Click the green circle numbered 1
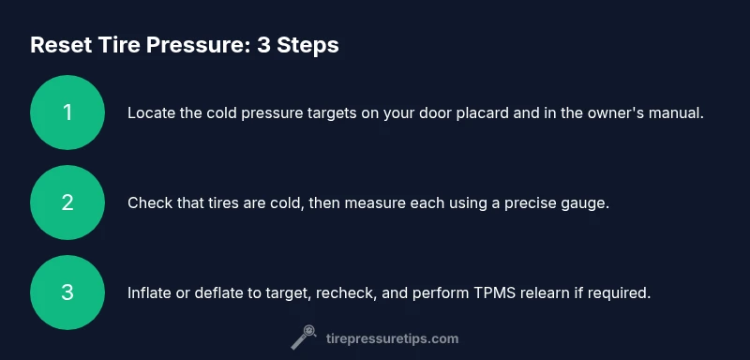pyautogui.click(x=67, y=112)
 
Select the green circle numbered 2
pyautogui.click(x=67, y=202)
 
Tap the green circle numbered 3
pyautogui.click(x=67, y=292)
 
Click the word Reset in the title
pyautogui.click(x=61, y=45)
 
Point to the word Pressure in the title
pyautogui.click(x=198, y=45)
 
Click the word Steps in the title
pyautogui.click(x=307, y=46)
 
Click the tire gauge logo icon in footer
pyautogui.click(x=304, y=337)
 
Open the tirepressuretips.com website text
pyautogui.click(x=392, y=339)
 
